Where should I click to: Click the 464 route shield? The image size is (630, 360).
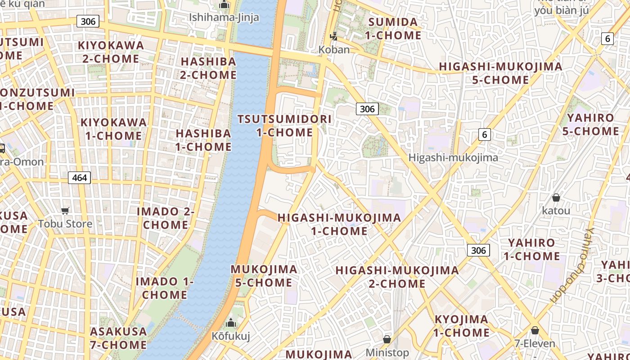pos(80,178)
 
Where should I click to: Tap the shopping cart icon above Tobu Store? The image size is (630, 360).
pos(65,211)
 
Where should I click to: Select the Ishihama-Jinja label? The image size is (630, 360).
pos(224,18)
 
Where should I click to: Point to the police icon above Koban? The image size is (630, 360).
pos(334,36)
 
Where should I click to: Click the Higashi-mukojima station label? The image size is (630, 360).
pos(453,157)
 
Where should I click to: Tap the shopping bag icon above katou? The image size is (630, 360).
pos(556,198)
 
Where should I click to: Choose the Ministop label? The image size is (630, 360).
pos(387,352)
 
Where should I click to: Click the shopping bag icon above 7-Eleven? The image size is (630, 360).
pos(535,331)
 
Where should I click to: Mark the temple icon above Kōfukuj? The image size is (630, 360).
pos(231,323)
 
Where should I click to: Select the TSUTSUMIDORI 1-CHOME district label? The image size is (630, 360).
pos(284,126)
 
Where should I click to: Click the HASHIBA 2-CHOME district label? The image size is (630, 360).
pos(208,68)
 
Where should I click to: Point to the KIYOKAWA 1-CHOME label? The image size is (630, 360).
pos(113,129)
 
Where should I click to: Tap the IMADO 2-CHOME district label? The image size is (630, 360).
pos(166,218)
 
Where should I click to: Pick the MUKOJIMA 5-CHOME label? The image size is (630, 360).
pos(264,276)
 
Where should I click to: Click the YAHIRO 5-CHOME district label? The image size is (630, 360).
pos(590,125)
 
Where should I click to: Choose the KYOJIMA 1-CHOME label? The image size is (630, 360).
pos(461,326)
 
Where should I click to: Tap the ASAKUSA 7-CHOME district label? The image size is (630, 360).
pos(119,338)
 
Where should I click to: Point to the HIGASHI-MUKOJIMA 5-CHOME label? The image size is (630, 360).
pos(500,73)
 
